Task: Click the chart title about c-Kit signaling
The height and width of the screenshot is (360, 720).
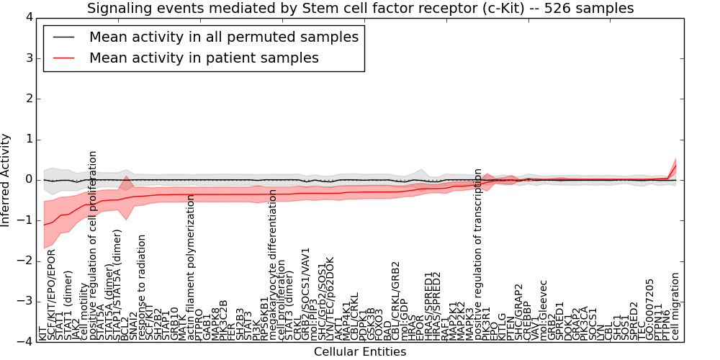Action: coord(360,8)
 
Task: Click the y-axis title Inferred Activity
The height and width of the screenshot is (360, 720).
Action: coord(6,179)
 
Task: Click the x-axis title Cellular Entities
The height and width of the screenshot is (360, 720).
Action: coord(360,352)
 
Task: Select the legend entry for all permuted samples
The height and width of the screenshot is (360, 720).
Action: coord(223,37)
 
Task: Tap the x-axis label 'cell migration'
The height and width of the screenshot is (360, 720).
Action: coord(675,306)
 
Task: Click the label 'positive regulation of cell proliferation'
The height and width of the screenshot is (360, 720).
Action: coord(93,246)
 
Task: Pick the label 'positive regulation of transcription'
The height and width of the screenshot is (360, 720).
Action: coord(477,255)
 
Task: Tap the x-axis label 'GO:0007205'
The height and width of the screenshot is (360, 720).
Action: coord(651,310)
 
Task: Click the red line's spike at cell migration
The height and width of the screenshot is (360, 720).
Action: coord(675,166)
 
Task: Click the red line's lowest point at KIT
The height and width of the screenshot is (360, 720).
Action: coord(44,225)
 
